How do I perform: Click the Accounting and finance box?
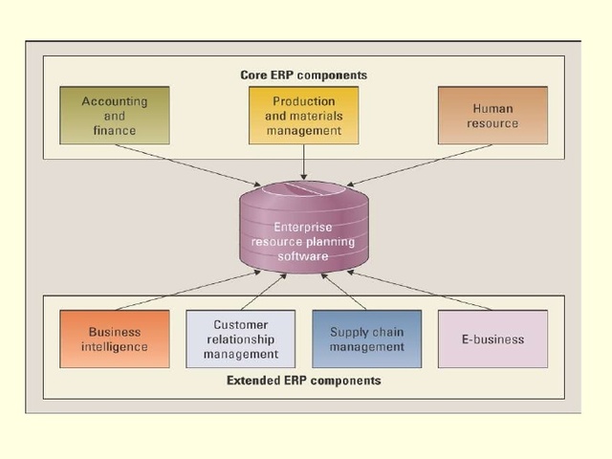pyautogui.click(x=115, y=116)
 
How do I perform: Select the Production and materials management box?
pyautogui.click(x=303, y=116)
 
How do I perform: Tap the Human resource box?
pyautogui.click(x=492, y=116)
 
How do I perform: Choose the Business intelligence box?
pyautogui.click(x=115, y=339)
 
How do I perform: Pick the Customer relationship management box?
pyautogui.click(x=241, y=339)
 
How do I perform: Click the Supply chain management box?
pyautogui.click(x=366, y=339)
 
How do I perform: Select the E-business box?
pyautogui.click(x=492, y=339)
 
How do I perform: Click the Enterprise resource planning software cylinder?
pyautogui.click(x=303, y=229)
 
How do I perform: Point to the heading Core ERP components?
pyautogui.click(x=303, y=75)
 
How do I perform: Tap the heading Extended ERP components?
pyautogui.click(x=303, y=381)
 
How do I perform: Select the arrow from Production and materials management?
pyautogui.click(x=303, y=163)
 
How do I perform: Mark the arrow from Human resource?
pyautogui.click(x=421, y=164)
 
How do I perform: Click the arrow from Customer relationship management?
pyautogui.click(x=263, y=291)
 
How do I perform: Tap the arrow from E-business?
pyautogui.click(x=421, y=291)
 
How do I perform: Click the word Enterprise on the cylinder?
pyautogui.click(x=303, y=227)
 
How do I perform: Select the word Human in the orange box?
pyautogui.click(x=492, y=109)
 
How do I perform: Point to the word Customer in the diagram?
pyautogui.click(x=241, y=325)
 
